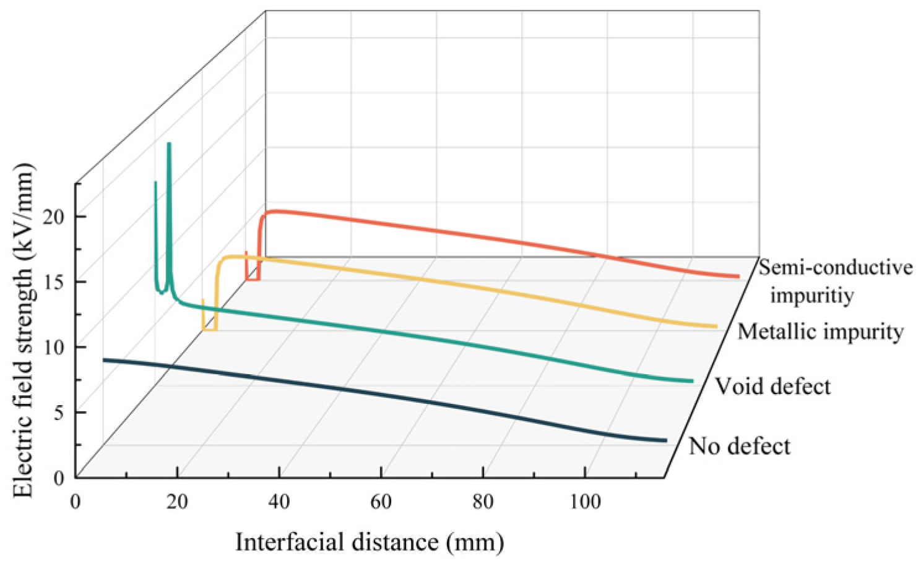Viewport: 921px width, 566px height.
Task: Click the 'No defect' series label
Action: [739, 446]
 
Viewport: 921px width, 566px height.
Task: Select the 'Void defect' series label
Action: [772, 387]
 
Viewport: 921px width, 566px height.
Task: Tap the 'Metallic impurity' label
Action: [820, 332]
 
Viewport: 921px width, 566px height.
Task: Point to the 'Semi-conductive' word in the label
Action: [836, 267]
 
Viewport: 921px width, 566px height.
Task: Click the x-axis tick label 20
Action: [177, 501]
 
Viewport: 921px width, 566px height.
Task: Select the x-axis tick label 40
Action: [279, 501]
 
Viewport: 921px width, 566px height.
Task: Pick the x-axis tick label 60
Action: [381, 501]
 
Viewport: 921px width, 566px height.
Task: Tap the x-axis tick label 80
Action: [483, 501]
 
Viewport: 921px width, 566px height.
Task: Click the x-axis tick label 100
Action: [585, 501]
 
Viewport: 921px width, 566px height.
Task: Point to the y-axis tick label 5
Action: [58, 413]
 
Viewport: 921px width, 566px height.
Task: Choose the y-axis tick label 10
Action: [54, 347]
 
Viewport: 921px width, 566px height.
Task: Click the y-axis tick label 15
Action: [54, 282]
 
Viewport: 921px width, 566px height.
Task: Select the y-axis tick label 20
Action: [54, 217]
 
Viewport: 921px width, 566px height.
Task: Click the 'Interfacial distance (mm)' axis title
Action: [370, 542]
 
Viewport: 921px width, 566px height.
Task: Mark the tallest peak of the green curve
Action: [169, 144]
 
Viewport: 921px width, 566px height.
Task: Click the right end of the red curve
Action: [738, 277]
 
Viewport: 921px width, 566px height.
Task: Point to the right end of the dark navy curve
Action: [666, 440]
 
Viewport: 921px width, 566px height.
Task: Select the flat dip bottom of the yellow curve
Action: [209, 330]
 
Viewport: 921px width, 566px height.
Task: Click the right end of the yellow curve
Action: [716, 326]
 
